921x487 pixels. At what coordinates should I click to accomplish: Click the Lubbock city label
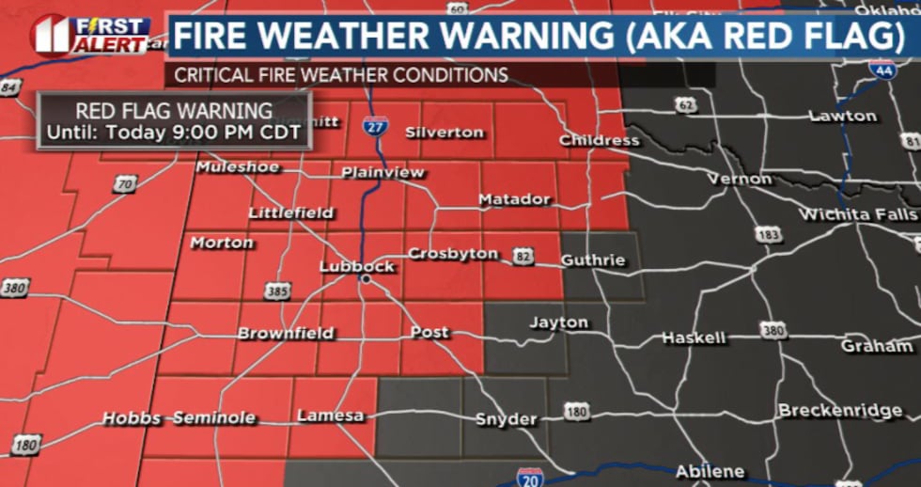357,266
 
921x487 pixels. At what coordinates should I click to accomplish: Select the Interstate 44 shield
882,69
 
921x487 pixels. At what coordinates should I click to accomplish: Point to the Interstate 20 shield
530,477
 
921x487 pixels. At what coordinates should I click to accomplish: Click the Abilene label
710,471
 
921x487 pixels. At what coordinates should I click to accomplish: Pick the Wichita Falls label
857,214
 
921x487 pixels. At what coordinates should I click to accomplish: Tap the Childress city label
599,140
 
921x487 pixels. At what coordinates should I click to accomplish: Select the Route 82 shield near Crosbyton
524,255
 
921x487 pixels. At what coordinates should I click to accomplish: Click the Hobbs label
132,417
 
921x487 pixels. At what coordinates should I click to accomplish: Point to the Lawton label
843,116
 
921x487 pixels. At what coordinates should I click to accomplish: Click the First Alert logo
89,34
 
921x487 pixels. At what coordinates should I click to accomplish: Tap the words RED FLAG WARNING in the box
174,111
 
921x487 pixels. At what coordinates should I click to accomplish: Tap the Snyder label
506,418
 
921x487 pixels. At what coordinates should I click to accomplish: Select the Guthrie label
593,259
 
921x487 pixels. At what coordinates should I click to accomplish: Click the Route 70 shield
125,184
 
